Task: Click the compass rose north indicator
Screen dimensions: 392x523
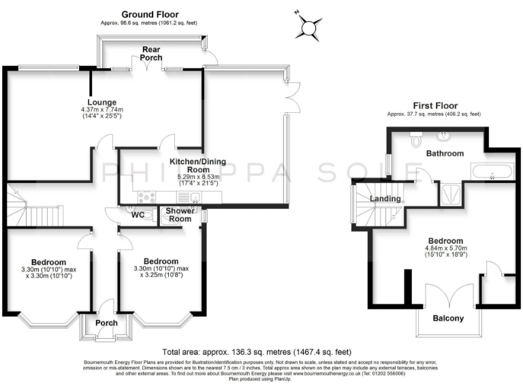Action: coord(311,28)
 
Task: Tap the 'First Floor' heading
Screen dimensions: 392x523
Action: coord(433,105)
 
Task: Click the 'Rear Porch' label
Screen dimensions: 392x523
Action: coord(151,54)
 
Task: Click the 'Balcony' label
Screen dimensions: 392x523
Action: coord(448,318)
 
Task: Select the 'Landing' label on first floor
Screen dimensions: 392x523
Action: coord(385,199)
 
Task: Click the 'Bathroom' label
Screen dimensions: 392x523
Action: coord(445,154)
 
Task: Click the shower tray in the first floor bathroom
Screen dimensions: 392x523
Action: coord(450,194)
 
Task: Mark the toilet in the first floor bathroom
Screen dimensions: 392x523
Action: coord(415,140)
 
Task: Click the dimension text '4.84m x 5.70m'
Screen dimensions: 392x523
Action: coord(446,248)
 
